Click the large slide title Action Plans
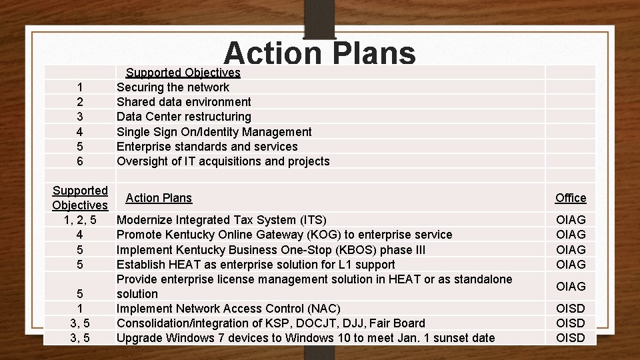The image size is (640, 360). pyautogui.click(x=320, y=53)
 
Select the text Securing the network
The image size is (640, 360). pyautogui.click(x=173, y=87)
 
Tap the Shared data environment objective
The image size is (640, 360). pyautogui.click(x=184, y=102)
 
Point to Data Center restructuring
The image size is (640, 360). pyautogui.click(x=184, y=117)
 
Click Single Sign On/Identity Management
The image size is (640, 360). pyautogui.click(x=214, y=131)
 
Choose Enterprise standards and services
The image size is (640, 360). pyautogui.click(x=207, y=146)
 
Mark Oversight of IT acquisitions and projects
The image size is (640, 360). pyautogui.click(x=223, y=161)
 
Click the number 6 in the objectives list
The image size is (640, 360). pyautogui.click(x=80, y=161)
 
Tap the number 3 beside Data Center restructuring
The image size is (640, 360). pyautogui.click(x=80, y=117)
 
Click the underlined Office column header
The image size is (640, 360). pyautogui.click(x=571, y=198)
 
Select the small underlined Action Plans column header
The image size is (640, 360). pyautogui.click(x=159, y=198)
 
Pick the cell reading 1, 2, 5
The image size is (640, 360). pyautogui.click(x=80, y=220)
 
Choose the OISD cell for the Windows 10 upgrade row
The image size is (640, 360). pyautogui.click(x=571, y=337)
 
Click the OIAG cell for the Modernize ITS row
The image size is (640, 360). pyautogui.click(x=571, y=220)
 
